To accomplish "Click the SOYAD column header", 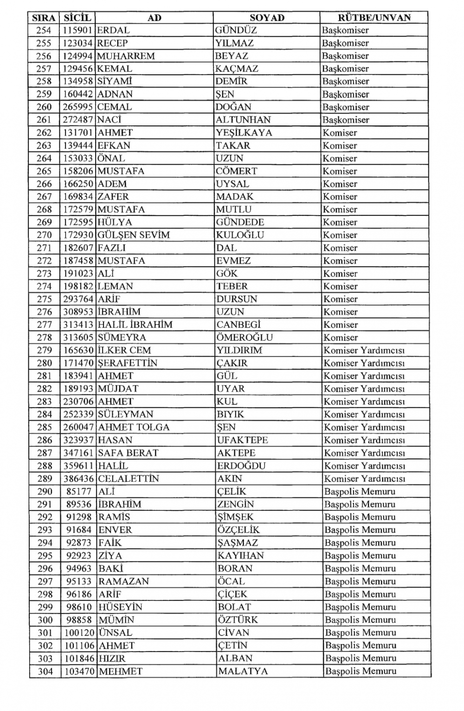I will click(267, 18).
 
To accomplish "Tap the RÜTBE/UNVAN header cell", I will click(374, 18).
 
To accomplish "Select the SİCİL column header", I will click(78, 18).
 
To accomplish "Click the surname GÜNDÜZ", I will click(236, 30).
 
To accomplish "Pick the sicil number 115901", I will click(78, 30).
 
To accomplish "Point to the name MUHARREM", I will click(126, 56).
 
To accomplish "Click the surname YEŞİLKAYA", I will click(244, 133).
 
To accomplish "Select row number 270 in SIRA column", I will click(45, 235).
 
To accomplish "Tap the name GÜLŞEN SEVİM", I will click(134, 235).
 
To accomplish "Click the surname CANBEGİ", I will click(238, 325).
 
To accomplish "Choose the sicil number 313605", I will click(78, 338).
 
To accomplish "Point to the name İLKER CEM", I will click(124, 350).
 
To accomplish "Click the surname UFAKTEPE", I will click(242, 440).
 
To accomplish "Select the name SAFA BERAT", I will click(128, 453).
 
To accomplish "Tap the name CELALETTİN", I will click(129, 478).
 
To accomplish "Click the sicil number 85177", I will click(78, 491).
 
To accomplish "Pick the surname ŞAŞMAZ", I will click(238, 542).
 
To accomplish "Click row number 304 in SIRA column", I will click(45, 671).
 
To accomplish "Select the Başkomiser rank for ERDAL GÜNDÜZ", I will click(346, 30).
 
